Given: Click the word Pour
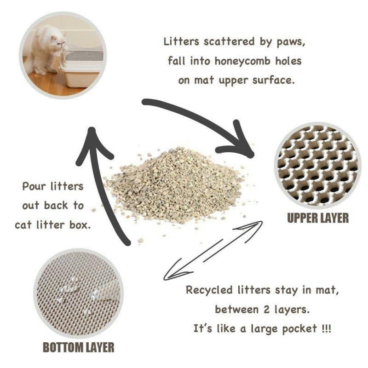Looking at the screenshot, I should point(34,187).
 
